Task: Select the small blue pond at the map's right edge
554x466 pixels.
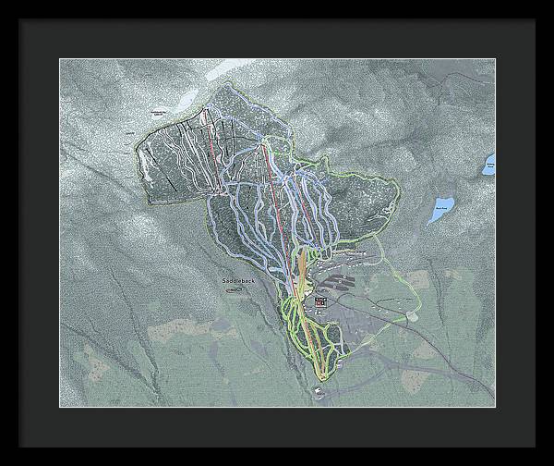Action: click(488, 167)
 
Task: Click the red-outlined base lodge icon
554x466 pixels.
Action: click(320, 302)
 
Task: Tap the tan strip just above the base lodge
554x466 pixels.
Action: click(301, 269)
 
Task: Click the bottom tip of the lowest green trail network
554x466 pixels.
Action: click(321, 377)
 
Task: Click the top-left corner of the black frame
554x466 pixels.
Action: click(21, 20)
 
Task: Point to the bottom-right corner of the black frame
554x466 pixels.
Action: click(535, 446)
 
